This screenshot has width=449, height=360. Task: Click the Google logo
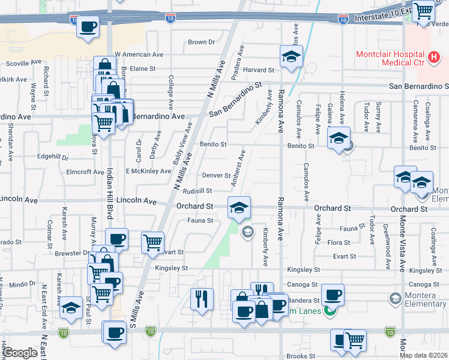pyautogui.click(x=20, y=353)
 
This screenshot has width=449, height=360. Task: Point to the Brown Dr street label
pyautogui.click(x=201, y=42)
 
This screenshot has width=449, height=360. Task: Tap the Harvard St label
pyautogui.click(x=258, y=70)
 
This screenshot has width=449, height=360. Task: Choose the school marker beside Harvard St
pyautogui.click(x=291, y=58)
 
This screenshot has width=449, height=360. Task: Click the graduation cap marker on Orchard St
pyautogui.click(x=239, y=208)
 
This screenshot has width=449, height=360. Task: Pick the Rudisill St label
pyautogui.click(x=197, y=191)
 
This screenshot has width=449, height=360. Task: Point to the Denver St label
pyautogui.click(x=216, y=176)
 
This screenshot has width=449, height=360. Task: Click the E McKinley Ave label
pyautogui.click(x=148, y=171)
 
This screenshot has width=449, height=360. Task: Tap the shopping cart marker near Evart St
pyautogui.click(x=153, y=243)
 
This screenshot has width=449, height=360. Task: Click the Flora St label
pyautogui.click(x=339, y=242)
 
